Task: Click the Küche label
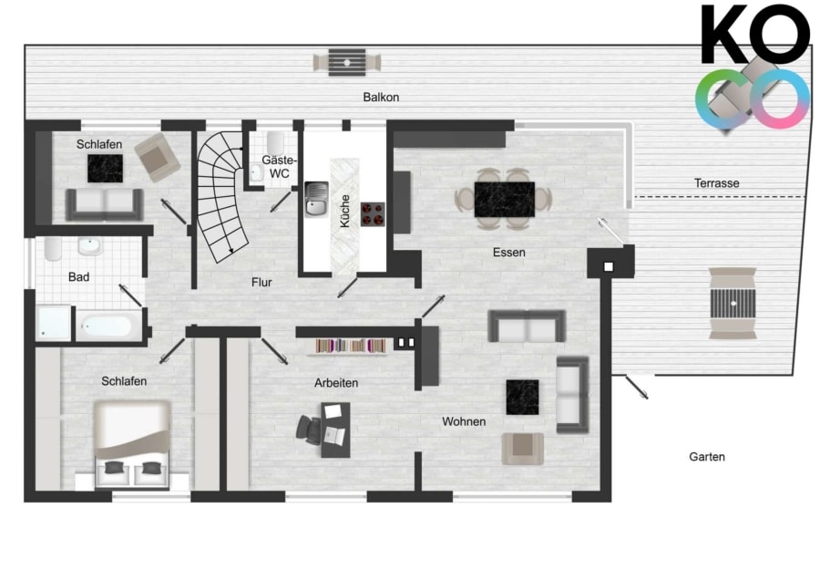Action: coord(344,211)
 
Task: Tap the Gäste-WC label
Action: coord(280,167)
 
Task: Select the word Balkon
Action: coord(381,98)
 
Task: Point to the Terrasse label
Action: coord(716,183)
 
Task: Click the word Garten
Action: coord(706,457)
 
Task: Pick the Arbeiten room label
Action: coord(335,383)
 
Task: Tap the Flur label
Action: coord(261,283)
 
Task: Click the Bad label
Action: coord(78,277)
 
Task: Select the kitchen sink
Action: coord(316,199)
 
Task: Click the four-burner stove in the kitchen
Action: coord(373,214)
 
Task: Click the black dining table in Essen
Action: coord(505,200)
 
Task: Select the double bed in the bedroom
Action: coord(132,444)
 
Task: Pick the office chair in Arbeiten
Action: coord(309,430)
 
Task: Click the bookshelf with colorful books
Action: coord(351,346)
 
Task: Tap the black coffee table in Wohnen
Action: coord(522,398)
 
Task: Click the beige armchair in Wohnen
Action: coord(522,449)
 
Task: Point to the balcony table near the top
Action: coord(347,63)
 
